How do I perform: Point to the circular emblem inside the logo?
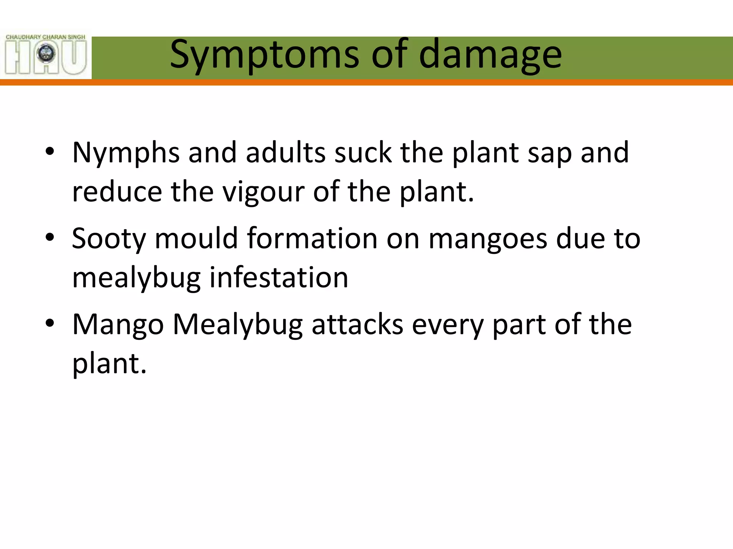tap(46, 54)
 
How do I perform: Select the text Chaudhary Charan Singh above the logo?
tap(45, 37)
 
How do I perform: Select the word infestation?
tap(278, 278)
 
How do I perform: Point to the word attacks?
tap(357, 325)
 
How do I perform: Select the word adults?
tap(286, 153)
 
